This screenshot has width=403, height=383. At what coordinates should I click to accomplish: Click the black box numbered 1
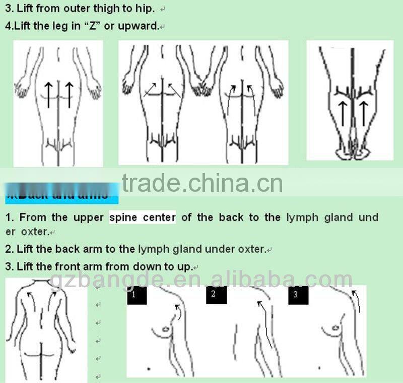point(137,295)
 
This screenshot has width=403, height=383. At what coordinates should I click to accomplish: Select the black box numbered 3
point(298,295)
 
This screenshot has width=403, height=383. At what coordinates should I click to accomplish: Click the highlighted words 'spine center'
point(143,217)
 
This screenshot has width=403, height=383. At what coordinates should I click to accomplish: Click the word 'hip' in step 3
point(149,9)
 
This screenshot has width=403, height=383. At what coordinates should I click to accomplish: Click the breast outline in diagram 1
point(165,328)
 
